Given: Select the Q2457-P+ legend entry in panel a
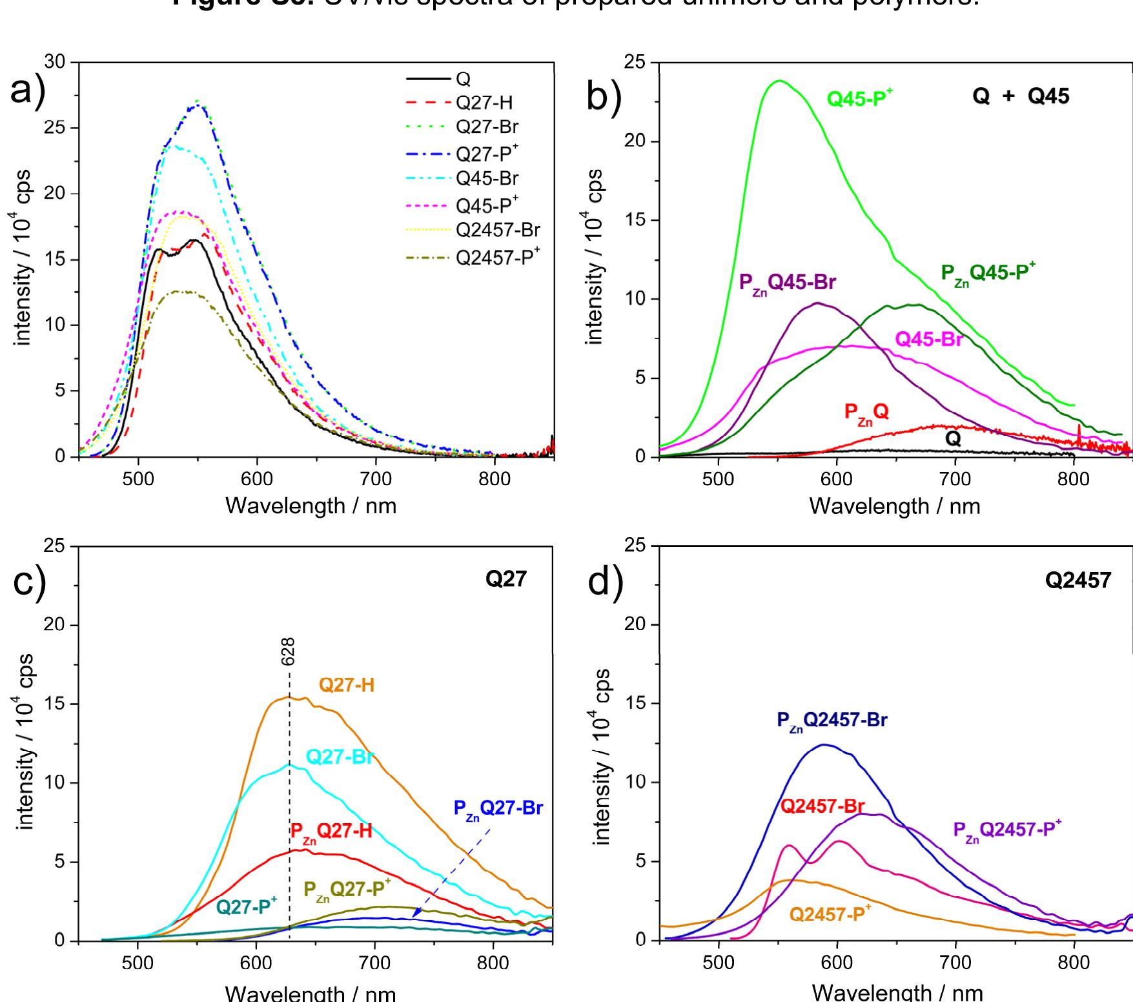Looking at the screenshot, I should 497,257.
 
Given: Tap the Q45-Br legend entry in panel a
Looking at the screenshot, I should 486,178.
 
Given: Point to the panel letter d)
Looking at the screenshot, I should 606,582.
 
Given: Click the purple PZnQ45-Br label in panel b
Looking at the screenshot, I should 787,283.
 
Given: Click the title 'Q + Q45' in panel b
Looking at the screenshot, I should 1020,97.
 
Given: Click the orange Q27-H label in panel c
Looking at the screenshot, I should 346,686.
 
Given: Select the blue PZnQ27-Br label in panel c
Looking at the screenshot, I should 498,808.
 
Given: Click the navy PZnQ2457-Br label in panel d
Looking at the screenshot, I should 832,721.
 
